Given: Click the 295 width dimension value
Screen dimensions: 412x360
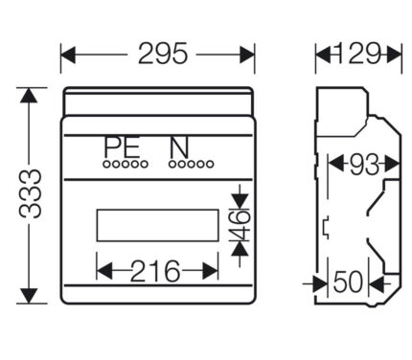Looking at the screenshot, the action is (x=163, y=54).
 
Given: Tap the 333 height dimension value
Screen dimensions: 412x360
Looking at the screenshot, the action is (x=30, y=193).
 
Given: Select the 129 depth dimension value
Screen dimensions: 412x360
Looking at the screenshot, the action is (x=358, y=54).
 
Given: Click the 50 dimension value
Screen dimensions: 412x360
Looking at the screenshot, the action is (x=348, y=282).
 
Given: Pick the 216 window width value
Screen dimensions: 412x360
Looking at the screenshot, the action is (x=155, y=271).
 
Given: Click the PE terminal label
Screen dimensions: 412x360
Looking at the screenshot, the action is (x=122, y=146).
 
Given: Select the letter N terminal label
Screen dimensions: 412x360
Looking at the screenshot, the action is (x=179, y=146).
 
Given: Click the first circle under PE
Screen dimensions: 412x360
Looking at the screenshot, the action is (x=106, y=164).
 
